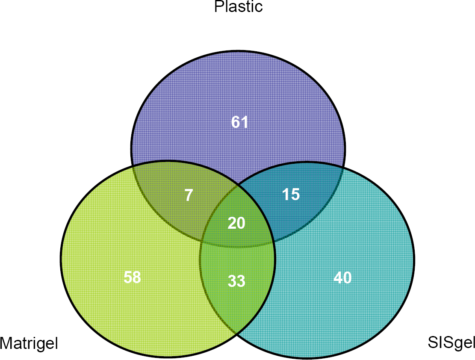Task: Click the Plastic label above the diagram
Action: (x=239, y=7)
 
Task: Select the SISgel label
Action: (x=451, y=343)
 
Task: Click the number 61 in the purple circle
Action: (x=239, y=122)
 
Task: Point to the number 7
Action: (x=189, y=195)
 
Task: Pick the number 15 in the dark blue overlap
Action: (x=291, y=194)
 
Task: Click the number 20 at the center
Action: (x=236, y=223)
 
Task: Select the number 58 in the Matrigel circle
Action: (x=133, y=277)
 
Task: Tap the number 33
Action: (x=236, y=281)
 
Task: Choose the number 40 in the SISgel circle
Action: (x=342, y=277)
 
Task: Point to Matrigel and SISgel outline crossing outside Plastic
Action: (x=236, y=333)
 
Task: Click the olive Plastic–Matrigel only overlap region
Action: (x=182, y=197)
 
